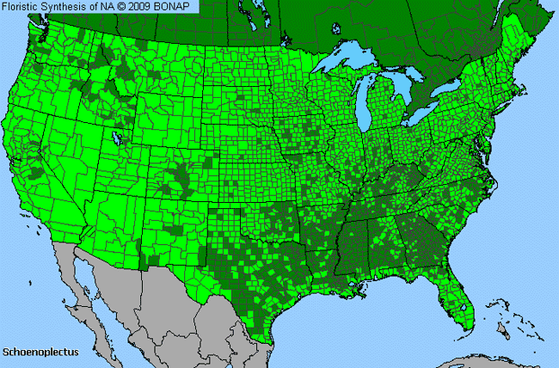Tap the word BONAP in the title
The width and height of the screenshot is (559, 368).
coord(178,6)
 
